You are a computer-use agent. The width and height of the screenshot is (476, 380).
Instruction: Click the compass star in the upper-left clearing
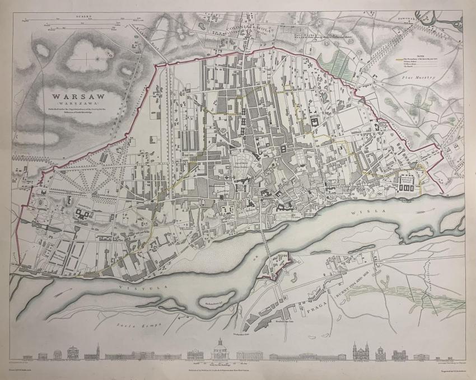click(99, 56)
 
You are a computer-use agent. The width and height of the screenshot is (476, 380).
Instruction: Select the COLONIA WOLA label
click(245, 26)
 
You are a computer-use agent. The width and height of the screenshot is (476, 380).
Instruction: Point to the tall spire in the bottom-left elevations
click(97, 351)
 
